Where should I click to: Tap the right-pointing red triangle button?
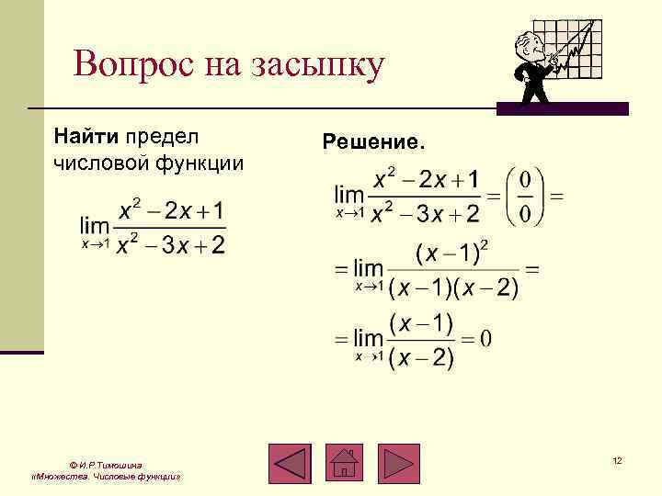[x=398, y=463]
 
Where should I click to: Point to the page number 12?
[x=618, y=459]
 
